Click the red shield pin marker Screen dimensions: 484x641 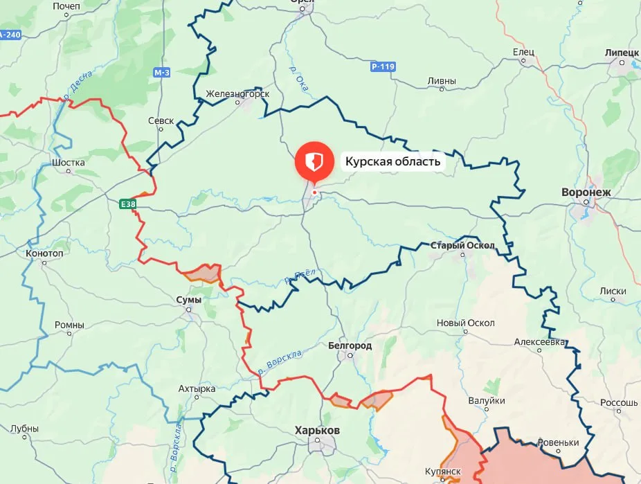[x=314, y=161]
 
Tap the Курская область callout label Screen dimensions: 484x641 [x=392, y=162]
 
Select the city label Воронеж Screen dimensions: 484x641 [x=586, y=192]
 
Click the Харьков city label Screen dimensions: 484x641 [x=317, y=430]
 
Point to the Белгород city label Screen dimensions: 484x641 [x=350, y=345]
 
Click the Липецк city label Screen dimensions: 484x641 [x=621, y=52]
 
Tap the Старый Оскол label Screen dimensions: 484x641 [x=462, y=246]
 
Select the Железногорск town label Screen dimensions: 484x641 [x=237, y=93]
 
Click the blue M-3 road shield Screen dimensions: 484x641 [x=162, y=72]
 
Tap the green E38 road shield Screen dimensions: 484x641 [x=127, y=204]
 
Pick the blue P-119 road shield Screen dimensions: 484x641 [x=382, y=67]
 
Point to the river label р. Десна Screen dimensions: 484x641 [x=71, y=86]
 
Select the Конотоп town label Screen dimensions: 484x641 [x=45, y=253]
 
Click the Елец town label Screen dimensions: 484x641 [x=524, y=53]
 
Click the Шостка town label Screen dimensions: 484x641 [x=68, y=163]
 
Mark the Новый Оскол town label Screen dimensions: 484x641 [x=465, y=323]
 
